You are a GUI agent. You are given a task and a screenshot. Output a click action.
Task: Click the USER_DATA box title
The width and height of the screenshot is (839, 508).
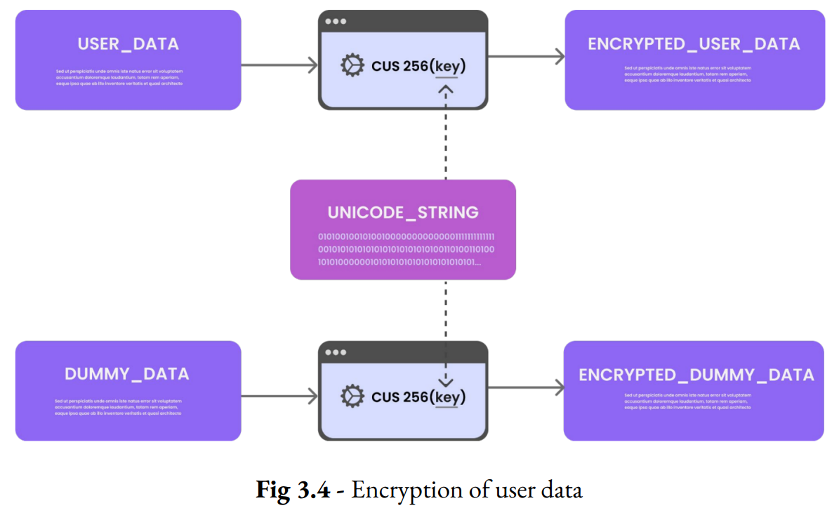128,44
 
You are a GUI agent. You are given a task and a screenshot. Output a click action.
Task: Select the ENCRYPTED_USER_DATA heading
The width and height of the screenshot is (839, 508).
694,44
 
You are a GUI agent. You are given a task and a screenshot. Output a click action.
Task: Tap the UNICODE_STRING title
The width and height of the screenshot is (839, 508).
403,213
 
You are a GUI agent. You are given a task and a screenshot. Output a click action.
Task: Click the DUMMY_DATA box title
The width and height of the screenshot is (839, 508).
127,374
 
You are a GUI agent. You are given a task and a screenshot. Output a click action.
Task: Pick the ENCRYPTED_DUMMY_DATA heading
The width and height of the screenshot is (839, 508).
696,375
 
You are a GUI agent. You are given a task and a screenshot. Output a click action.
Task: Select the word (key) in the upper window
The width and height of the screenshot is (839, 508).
447,67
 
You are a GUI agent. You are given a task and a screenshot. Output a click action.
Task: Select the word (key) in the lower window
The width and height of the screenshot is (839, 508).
447,398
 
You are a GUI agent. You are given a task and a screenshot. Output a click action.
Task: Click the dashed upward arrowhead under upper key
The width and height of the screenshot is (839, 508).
446,90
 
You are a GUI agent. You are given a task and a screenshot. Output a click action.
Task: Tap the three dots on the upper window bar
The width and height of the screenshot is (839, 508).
335,22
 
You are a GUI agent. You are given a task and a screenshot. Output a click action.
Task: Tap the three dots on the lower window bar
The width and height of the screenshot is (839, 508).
335,352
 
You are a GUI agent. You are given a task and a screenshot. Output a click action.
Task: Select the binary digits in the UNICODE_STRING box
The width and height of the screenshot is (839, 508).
406,249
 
